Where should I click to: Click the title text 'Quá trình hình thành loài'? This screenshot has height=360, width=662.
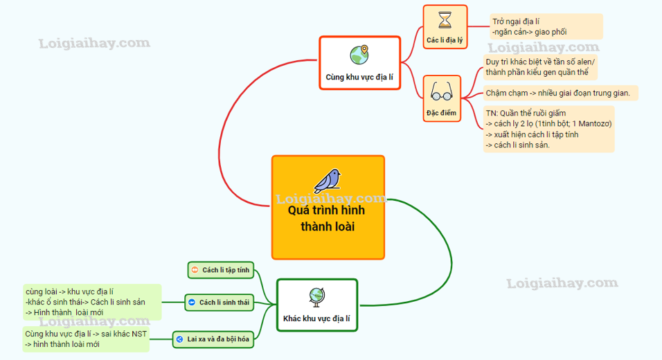(x=328, y=219)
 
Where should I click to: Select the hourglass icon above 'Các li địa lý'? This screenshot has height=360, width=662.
(x=445, y=19)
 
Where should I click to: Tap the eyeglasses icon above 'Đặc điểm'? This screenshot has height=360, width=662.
(x=441, y=91)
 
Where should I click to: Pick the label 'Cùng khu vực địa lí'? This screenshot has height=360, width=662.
(x=359, y=78)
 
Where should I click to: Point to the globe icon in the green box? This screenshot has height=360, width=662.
(x=317, y=296)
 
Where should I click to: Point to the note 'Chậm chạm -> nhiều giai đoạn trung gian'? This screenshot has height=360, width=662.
(x=557, y=93)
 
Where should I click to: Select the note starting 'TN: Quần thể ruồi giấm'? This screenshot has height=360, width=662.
(x=549, y=129)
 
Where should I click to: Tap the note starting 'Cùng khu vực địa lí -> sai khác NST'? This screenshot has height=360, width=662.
(x=86, y=339)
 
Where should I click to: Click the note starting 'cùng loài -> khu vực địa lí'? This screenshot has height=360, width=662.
(x=91, y=303)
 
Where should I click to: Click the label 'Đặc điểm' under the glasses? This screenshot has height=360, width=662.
(x=441, y=112)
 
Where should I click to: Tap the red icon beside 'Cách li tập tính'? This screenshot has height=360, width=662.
(x=195, y=270)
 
